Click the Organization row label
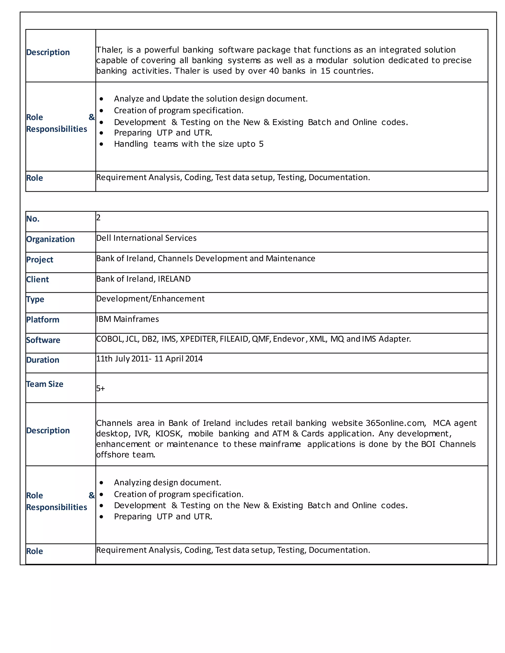[x=50, y=239]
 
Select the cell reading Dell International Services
[x=146, y=238]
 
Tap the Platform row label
[x=42, y=320]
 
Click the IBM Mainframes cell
[x=127, y=319]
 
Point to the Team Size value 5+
[x=101, y=388]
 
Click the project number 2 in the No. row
[x=98, y=217]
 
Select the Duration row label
[x=42, y=360]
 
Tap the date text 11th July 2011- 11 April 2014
[x=149, y=359]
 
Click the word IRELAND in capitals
[x=174, y=279]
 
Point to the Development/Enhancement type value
[x=150, y=298]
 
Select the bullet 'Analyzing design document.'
[x=167, y=482]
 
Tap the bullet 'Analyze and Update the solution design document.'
[x=211, y=99]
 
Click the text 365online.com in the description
[x=395, y=423]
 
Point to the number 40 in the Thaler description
[x=274, y=71]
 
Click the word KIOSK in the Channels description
[x=169, y=433]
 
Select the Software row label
[x=43, y=340]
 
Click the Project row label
[x=39, y=259]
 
